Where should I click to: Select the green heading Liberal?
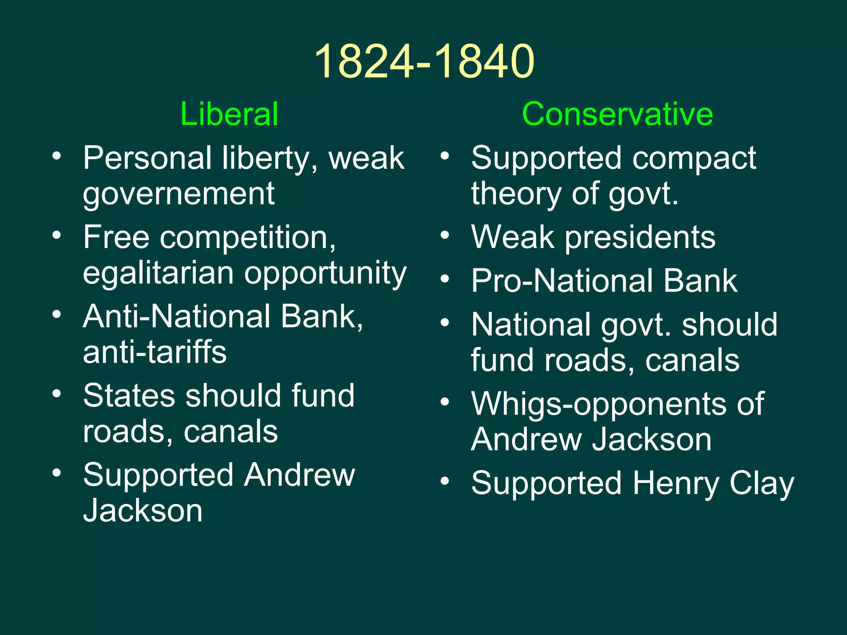pyautogui.click(x=229, y=114)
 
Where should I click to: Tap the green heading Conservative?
pyautogui.click(x=617, y=114)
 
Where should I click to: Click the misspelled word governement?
pyautogui.click(x=179, y=193)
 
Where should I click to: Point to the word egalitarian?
pyautogui.click(x=158, y=273)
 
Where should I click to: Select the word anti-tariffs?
pyautogui.click(x=155, y=352)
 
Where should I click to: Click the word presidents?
pyautogui.click(x=640, y=238)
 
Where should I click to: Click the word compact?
pyautogui.click(x=694, y=158)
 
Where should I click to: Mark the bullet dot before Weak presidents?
pyautogui.click(x=445, y=236)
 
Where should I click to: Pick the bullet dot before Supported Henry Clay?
pyautogui.click(x=445, y=481)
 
